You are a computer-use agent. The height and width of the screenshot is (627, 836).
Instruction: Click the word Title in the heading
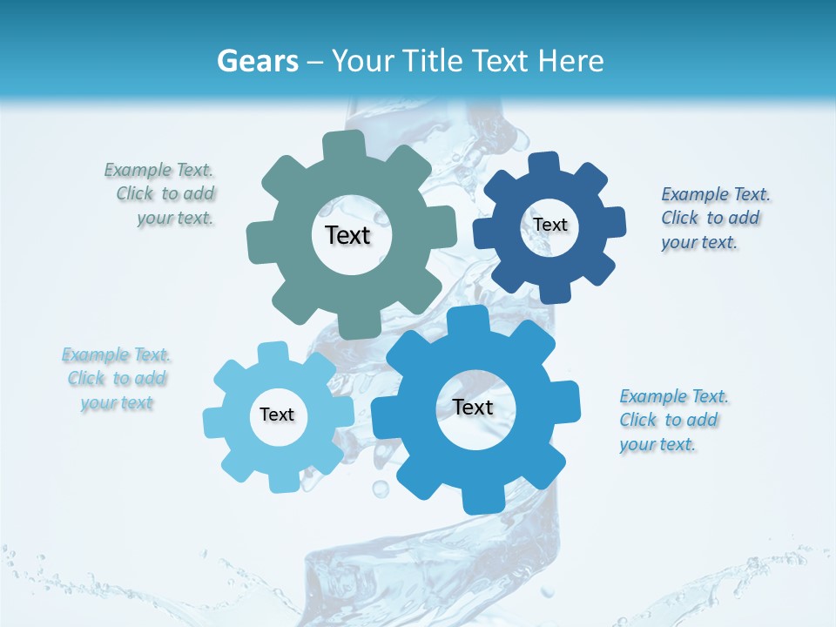430,61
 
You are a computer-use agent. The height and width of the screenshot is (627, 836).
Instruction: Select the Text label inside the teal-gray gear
347,235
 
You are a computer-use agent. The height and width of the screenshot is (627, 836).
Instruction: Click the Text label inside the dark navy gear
550,225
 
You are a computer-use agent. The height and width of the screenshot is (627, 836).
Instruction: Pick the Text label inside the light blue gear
277,415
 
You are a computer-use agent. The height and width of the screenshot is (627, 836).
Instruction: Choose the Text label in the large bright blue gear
473,407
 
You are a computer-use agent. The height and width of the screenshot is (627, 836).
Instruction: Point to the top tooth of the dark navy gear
544,164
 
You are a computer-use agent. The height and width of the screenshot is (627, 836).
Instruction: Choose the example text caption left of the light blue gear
117,379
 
